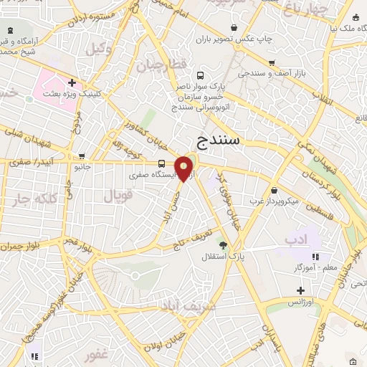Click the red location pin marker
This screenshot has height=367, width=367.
tap(184, 168)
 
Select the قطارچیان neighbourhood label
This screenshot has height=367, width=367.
tap(169, 64)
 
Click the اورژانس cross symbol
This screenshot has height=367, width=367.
tap(301, 290)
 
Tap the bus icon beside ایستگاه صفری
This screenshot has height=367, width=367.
tap(162, 163)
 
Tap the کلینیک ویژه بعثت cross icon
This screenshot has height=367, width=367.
tap(72, 82)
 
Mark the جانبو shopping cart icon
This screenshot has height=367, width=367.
tap(83, 156)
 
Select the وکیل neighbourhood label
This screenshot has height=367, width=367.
tap(101, 49)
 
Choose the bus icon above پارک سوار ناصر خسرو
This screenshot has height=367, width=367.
tap(200, 75)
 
